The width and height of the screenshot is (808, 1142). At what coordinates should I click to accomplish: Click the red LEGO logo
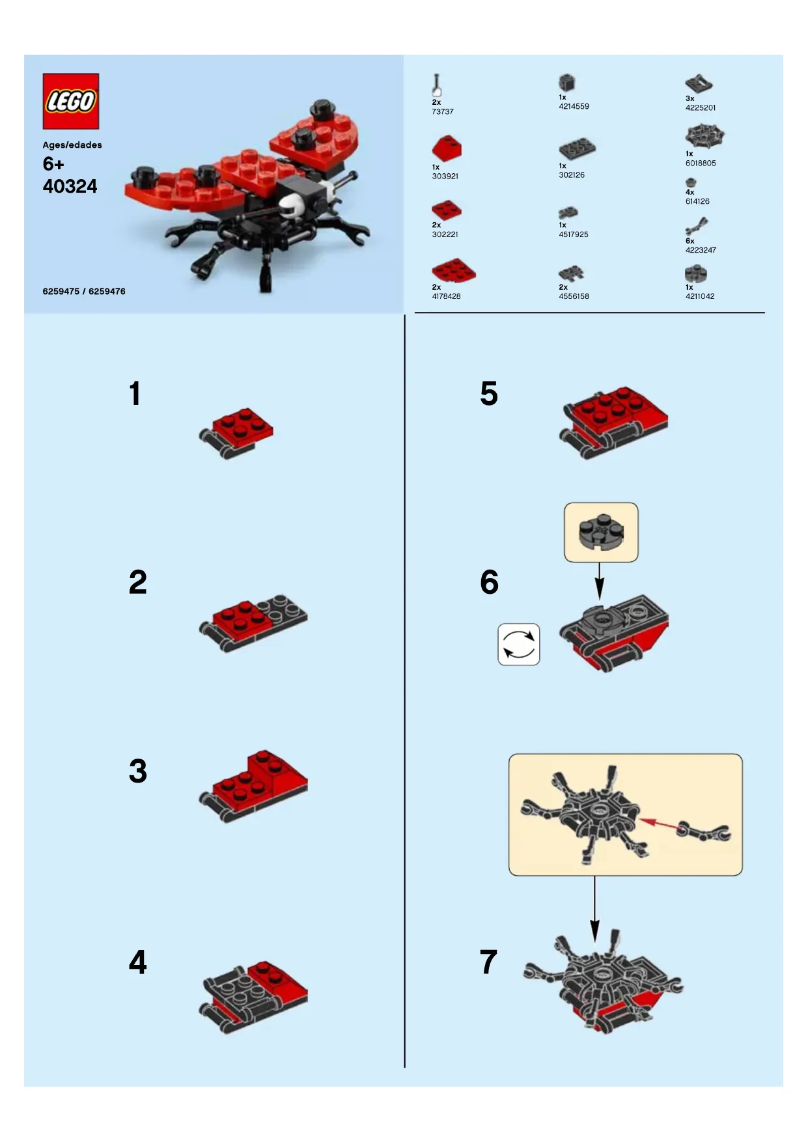point(71,101)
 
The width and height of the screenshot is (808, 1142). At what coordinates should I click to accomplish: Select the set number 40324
point(70,186)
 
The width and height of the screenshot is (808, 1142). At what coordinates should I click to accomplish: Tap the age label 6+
point(53,163)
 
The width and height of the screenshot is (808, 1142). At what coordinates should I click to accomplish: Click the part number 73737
point(443,111)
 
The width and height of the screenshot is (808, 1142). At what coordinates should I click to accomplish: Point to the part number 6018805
point(701,163)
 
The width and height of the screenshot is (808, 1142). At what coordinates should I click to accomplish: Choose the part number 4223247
point(701,250)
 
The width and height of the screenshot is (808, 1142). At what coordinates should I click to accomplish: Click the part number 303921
point(445,176)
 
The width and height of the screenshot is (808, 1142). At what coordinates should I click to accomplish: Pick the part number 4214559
point(574,106)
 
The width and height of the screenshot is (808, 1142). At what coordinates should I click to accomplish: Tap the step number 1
point(135,393)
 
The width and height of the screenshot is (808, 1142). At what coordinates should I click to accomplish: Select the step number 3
point(137,771)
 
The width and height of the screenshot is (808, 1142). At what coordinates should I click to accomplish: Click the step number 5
point(489,393)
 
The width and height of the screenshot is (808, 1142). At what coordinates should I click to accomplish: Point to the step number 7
point(488,962)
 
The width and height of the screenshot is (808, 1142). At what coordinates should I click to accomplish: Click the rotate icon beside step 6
point(519,644)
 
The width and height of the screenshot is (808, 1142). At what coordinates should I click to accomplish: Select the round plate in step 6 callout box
point(600,531)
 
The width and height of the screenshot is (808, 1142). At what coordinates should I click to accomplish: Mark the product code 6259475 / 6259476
point(84,291)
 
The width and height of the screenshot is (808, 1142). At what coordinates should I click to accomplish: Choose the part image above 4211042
point(695,273)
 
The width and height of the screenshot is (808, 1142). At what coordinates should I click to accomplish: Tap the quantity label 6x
point(690,241)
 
